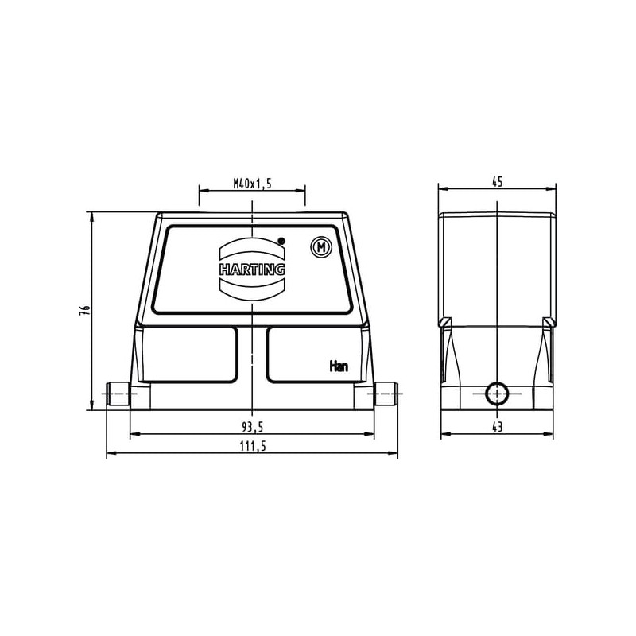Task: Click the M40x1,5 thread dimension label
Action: [252, 184]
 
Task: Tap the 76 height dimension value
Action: [84, 311]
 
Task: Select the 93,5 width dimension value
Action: [252, 427]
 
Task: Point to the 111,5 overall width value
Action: [252, 446]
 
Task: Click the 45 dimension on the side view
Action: [498, 182]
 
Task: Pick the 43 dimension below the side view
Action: [498, 427]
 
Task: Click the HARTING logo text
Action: [252, 270]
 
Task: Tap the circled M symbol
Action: [321, 247]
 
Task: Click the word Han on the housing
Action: [339, 366]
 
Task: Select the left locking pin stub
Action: [118, 394]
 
